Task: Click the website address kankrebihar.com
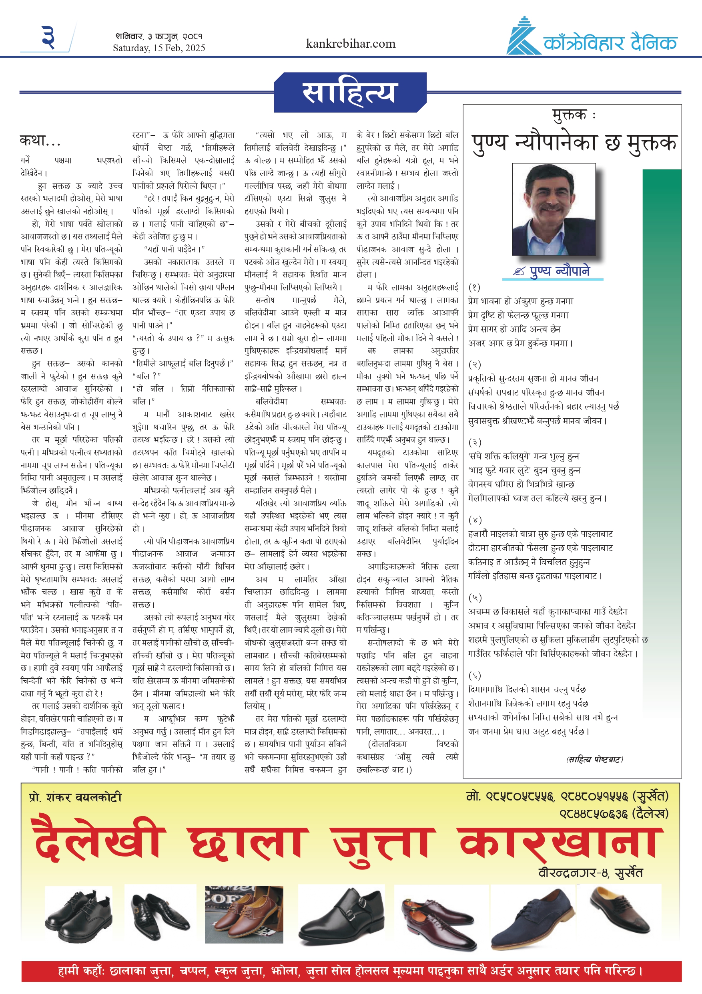pos(350,44)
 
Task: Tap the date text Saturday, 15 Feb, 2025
pos(159,48)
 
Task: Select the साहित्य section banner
pos(349,93)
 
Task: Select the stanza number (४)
pos(475,520)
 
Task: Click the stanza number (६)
pos(475,675)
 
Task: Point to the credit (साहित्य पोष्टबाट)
pos(594,759)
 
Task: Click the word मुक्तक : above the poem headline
pos(574,115)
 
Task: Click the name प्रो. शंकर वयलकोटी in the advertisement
pos(75,797)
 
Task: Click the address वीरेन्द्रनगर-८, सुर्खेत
pos(590,872)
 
